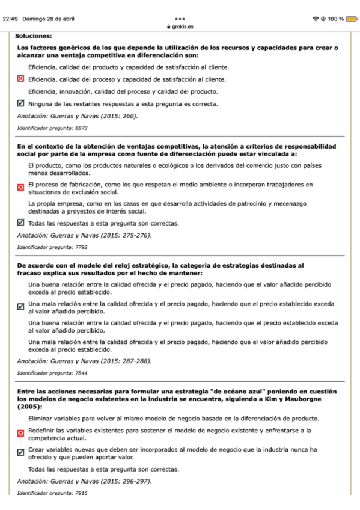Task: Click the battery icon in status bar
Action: click(351, 19)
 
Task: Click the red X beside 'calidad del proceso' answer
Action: click(20, 79)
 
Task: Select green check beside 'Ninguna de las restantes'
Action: click(20, 103)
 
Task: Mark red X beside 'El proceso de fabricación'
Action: click(20, 188)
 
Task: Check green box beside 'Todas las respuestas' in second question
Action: click(20, 223)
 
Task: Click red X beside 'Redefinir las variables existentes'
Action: click(20, 434)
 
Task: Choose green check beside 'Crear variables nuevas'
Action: click(20, 453)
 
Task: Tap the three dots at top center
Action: click(181, 19)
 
